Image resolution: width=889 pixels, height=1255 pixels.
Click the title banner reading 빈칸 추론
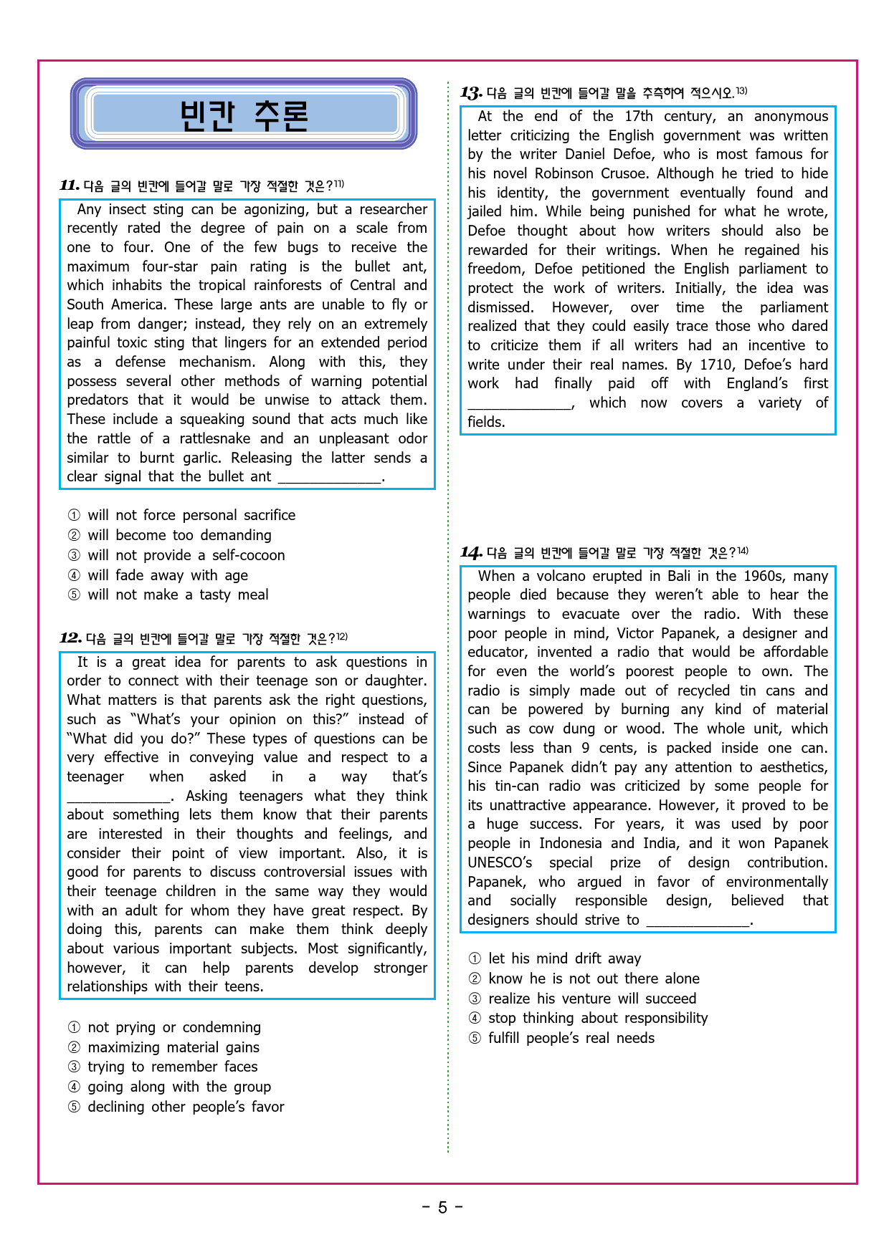(244, 115)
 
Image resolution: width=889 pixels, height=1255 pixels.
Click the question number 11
(70, 186)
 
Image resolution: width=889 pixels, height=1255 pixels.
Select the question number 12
(70, 638)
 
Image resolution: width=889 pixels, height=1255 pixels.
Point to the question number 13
(471, 93)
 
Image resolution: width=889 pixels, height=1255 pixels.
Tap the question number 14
(471, 552)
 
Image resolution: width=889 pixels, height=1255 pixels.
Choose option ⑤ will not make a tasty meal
(178, 595)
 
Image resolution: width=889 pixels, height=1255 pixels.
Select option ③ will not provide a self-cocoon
(186, 555)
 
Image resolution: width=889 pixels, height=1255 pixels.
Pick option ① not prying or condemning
(174, 1027)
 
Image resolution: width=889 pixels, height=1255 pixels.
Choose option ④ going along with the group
(179, 1087)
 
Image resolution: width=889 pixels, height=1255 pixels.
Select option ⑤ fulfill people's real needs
(571, 1038)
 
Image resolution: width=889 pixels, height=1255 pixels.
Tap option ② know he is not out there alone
(593, 978)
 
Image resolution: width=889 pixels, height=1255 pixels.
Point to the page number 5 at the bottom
(442, 1208)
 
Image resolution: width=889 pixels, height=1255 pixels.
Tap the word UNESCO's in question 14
(500, 862)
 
